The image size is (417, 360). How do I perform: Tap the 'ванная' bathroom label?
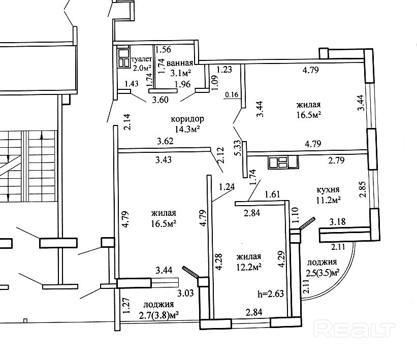pos(179,63)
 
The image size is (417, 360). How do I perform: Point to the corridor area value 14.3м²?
pos(187,129)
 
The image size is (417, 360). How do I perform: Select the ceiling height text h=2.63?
pos(271,293)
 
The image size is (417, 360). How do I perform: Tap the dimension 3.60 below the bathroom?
pos(160,100)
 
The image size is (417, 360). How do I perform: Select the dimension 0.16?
pos(232,94)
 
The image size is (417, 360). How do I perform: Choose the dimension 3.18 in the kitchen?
pos(338,221)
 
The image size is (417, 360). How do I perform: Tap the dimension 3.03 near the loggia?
pos(185,293)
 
